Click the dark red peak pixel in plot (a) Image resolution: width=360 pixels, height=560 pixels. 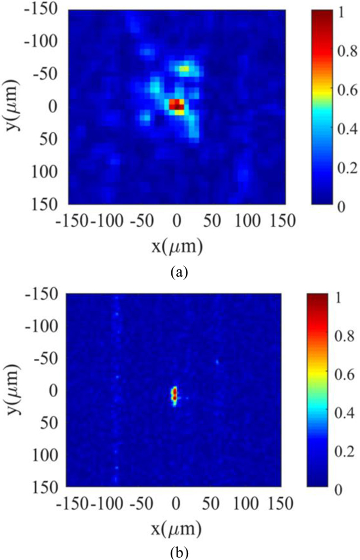[x=177, y=105]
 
